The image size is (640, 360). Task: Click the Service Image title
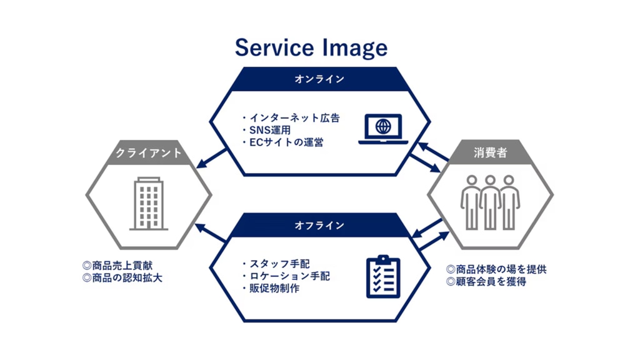coord(311,47)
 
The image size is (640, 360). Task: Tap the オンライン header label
coord(319,79)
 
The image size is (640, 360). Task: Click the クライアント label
coord(149,152)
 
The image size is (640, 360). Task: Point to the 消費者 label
coord(490,152)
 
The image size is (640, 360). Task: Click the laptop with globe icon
coord(383,128)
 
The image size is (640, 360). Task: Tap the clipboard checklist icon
coord(382,276)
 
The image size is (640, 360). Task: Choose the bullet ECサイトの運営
coord(286,142)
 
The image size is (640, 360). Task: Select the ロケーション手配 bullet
coord(289,276)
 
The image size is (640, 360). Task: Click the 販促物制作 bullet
coord(274,289)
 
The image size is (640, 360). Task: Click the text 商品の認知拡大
coord(126,278)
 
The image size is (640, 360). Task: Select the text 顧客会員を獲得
coord(491,282)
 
